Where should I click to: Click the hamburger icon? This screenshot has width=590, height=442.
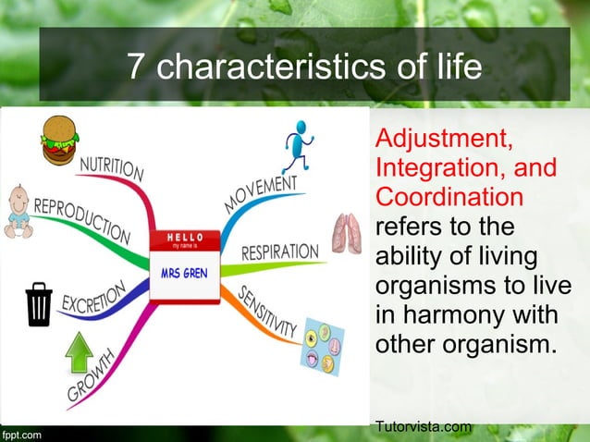click(x=60, y=140)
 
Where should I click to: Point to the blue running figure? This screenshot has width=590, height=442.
click(x=298, y=144)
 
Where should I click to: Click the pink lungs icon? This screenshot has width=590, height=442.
click(x=348, y=233)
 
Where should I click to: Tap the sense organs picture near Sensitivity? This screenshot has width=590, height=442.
click(x=323, y=347)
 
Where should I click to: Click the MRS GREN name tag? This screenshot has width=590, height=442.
click(x=184, y=266)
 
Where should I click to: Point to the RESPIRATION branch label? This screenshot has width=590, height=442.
click(x=279, y=252)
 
